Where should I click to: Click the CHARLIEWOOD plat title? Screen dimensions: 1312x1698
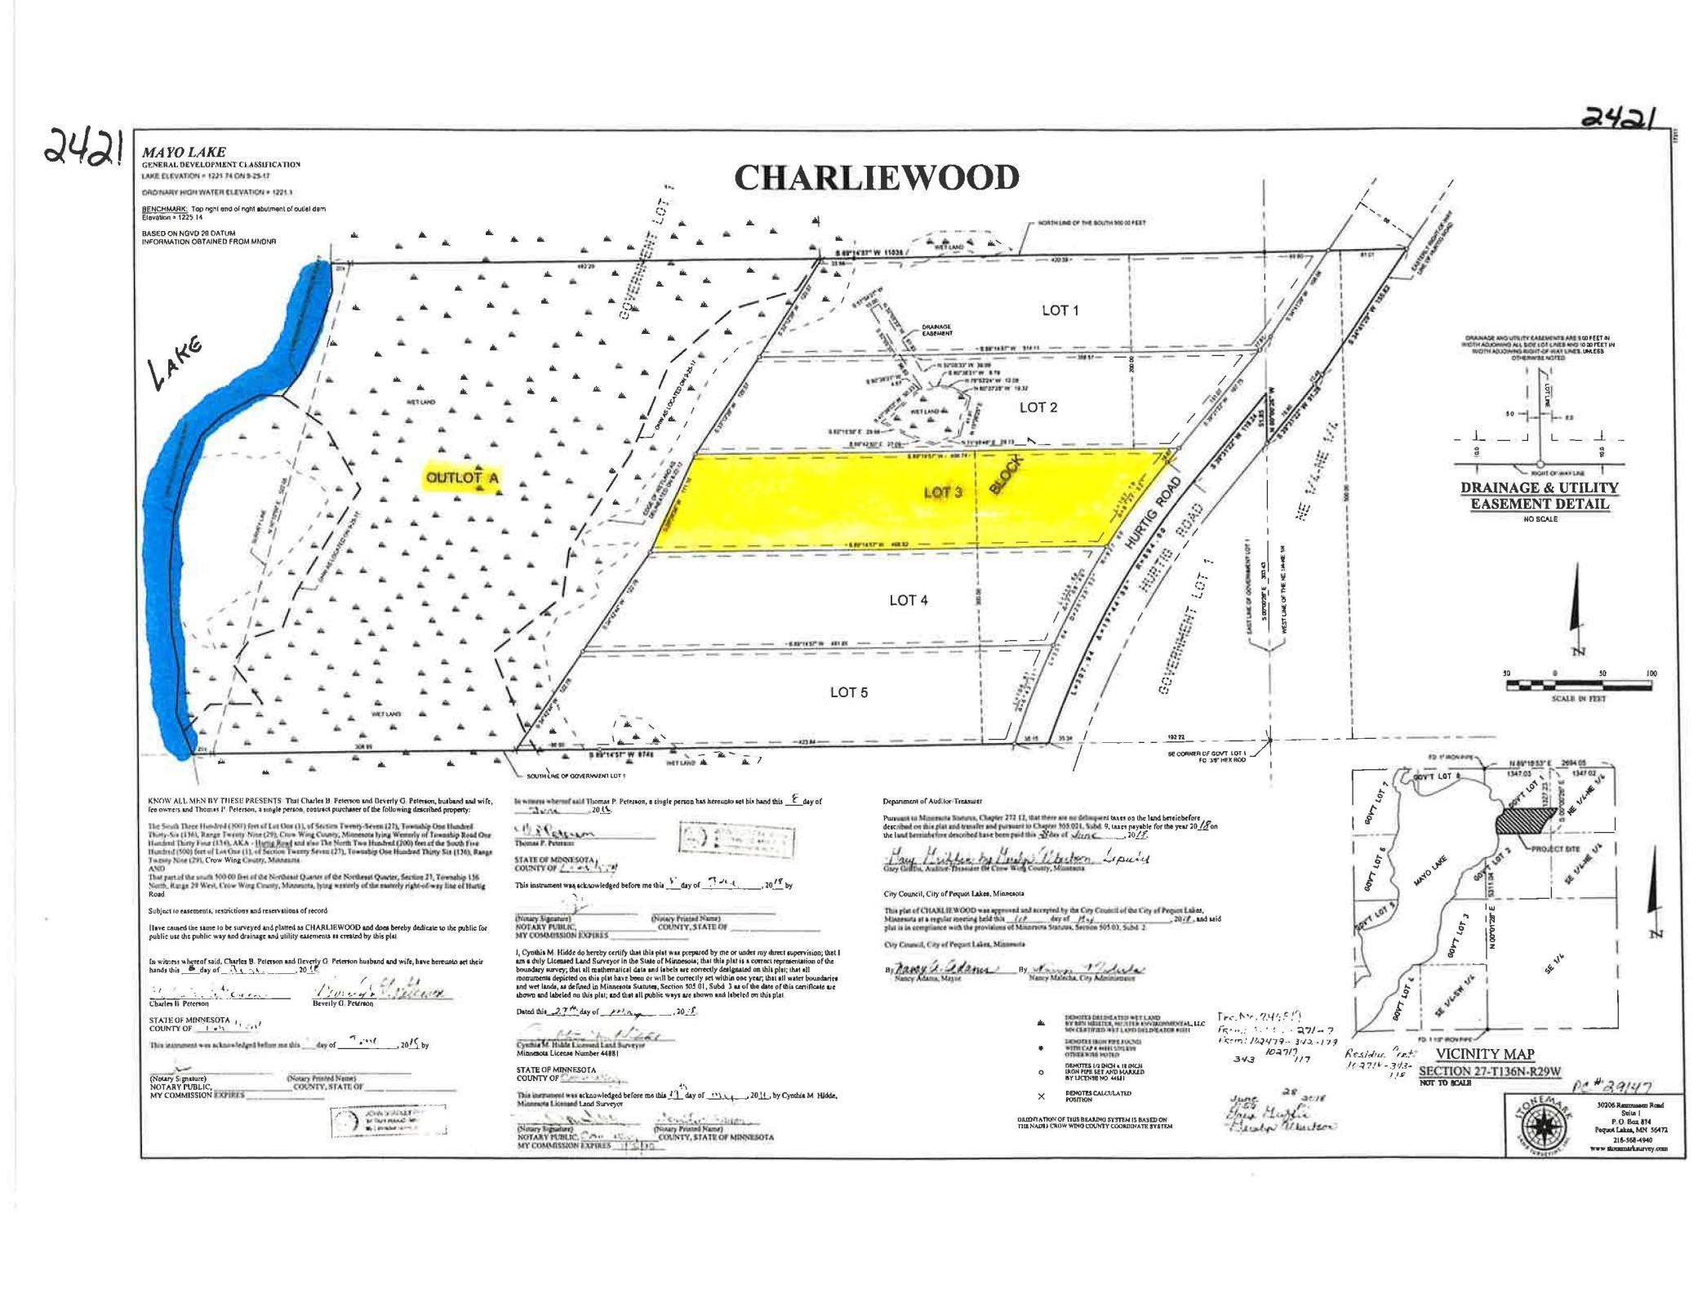click(877, 178)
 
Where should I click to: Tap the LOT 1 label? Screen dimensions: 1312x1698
click(1060, 310)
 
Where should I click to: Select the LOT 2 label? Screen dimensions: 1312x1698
click(1038, 407)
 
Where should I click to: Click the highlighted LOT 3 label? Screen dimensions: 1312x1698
click(942, 492)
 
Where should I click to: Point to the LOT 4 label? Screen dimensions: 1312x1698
click(908, 600)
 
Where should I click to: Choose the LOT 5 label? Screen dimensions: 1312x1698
click(848, 692)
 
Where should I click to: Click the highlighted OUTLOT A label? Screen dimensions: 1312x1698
click(462, 478)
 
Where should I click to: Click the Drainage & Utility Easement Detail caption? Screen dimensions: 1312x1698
click(1538, 496)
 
